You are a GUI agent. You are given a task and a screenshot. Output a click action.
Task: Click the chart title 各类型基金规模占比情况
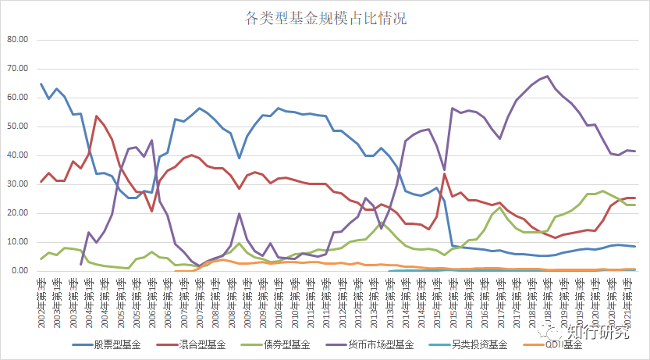tap(325, 17)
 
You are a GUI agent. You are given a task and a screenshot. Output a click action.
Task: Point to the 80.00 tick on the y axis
tap(17, 40)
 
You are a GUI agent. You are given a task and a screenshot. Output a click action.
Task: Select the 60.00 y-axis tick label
tap(17, 98)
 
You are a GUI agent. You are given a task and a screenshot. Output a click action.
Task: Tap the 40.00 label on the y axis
tap(17, 155)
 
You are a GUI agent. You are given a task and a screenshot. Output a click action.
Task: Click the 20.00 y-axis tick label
tap(17, 213)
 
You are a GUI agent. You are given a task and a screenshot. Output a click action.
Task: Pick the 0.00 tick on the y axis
tap(20, 271)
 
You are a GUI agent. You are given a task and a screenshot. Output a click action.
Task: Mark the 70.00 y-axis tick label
tap(17, 69)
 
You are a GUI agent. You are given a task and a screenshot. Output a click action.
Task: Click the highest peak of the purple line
tap(547, 77)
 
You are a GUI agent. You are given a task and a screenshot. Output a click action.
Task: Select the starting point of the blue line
tap(41, 84)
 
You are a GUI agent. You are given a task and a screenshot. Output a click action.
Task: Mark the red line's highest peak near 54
tap(97, 116)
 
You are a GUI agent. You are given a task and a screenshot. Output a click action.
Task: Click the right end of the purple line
tap(635, 151)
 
